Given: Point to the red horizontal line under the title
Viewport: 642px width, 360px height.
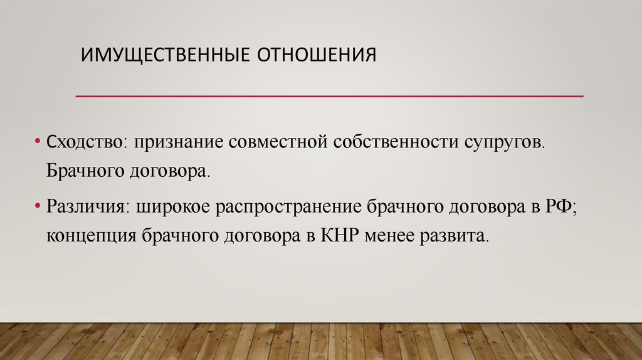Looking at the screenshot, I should point(329,97).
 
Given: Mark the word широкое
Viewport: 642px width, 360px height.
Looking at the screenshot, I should point(171,207).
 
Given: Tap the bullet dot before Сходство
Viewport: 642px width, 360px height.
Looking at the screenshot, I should point(38,140).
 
